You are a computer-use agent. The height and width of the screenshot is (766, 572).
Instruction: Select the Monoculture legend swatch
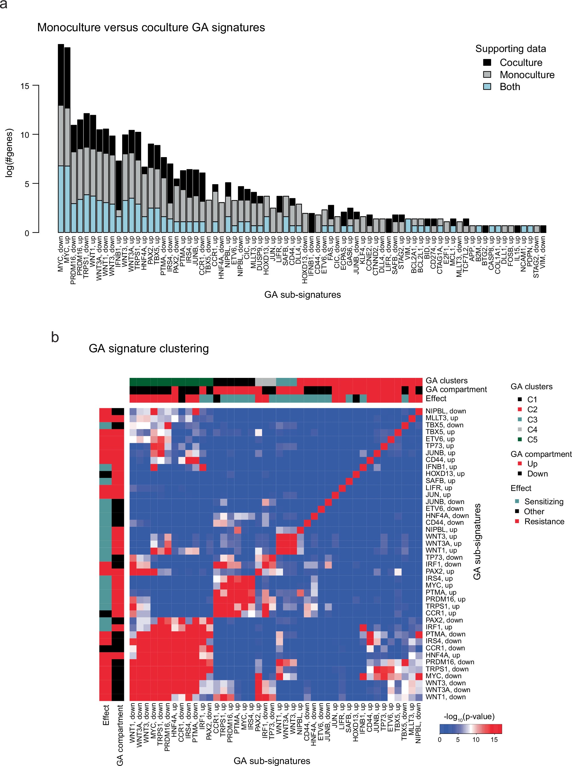click(487, 75)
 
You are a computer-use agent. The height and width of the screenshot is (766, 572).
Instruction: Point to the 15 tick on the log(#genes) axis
click(25, 86)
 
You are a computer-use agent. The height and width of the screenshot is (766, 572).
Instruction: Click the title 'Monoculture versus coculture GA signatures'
click(151, 27)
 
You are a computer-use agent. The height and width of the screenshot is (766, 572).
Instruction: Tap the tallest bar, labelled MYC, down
click(61, 138)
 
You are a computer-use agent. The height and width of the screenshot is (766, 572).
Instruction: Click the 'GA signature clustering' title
click(149, 348)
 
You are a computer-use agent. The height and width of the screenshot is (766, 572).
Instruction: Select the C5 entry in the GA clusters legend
click(532, 440)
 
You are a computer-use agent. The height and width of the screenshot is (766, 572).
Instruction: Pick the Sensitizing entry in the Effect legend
click(544, 501)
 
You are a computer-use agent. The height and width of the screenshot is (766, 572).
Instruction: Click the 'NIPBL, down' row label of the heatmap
click(446, 411)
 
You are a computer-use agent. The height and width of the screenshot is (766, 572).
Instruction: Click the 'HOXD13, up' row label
click(445, 474)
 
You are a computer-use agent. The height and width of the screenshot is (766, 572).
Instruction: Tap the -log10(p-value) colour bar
click(471, 729)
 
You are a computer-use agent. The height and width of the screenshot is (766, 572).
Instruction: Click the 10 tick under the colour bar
click(476, 740)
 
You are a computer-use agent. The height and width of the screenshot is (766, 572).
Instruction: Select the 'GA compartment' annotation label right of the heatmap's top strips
click(456, 390)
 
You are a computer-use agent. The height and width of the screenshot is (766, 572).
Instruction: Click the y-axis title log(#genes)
click(9, 153)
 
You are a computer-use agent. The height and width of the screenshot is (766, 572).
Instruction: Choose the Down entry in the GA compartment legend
click(537, 474)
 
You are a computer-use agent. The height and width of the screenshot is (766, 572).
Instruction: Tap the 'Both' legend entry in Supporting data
click(510, 87)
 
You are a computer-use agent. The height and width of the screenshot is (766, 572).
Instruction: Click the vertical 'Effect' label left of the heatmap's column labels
click(106, 715)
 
